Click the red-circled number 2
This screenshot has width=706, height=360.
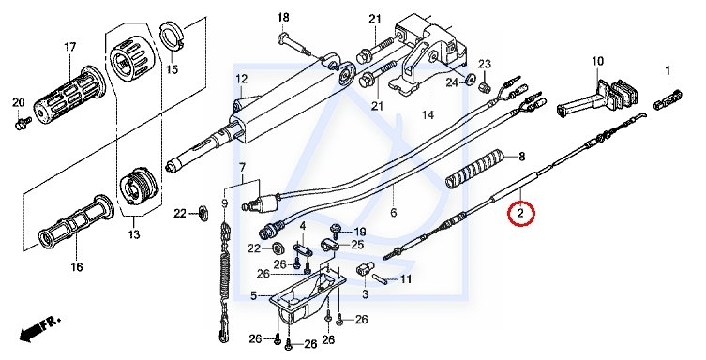(520, 214)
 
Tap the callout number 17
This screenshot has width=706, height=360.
(69, 47)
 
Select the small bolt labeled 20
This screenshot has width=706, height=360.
(23, 122)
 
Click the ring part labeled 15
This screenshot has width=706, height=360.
(171, 39)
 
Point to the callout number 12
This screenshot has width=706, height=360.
(241, 79)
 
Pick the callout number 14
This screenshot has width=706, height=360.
(428, 114)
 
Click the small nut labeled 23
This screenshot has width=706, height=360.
(485, 86)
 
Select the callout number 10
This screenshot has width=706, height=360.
(597, 61)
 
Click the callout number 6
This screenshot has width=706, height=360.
(393, 212)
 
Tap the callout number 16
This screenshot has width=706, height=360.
(77, 267)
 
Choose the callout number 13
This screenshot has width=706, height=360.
(134, 234)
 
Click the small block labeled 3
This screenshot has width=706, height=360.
(364, 271)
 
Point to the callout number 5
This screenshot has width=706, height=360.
(253, 295)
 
